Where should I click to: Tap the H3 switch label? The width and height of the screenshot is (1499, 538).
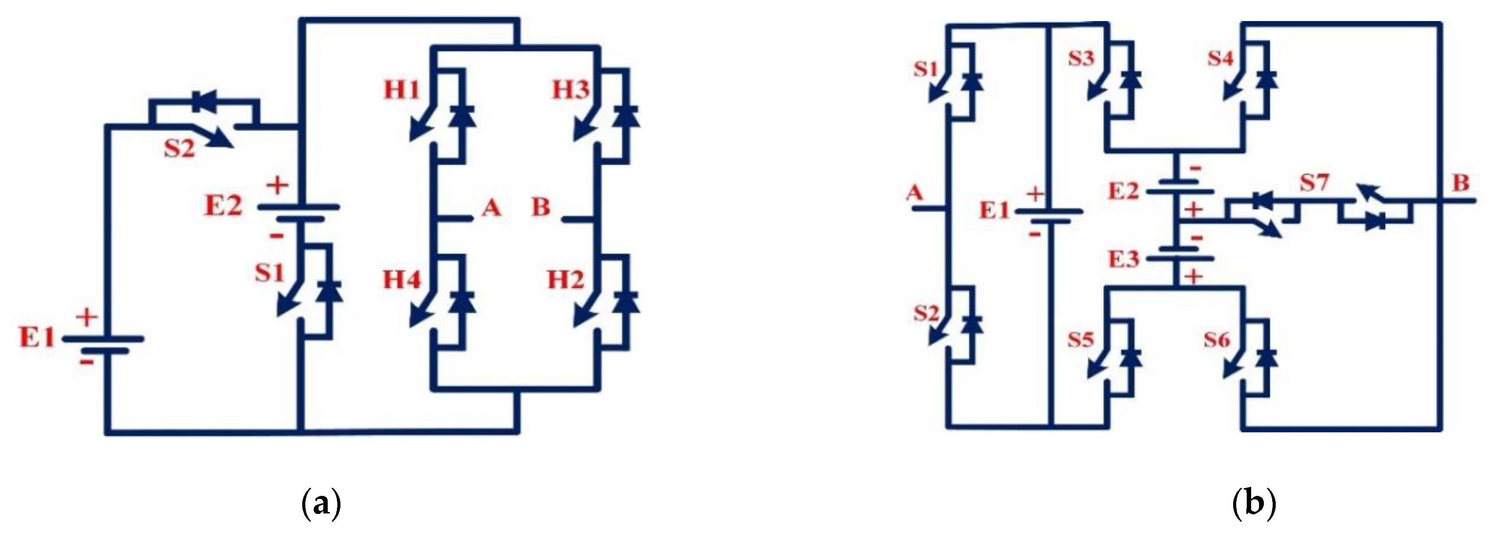(570, 89)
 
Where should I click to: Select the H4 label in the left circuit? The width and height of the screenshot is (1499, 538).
(401, 280)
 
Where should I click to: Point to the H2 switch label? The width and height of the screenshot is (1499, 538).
(565, 280)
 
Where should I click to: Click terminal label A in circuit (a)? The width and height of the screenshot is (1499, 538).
(491, 207)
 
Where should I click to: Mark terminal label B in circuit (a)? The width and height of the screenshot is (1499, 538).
(540, 207)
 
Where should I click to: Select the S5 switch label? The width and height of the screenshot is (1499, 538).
(1080, 339)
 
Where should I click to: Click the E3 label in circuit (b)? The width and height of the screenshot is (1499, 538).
(1123, 259)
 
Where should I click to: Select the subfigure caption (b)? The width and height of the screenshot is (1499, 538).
(1254, 504)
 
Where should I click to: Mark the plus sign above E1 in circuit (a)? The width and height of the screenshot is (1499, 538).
(87, 317)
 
